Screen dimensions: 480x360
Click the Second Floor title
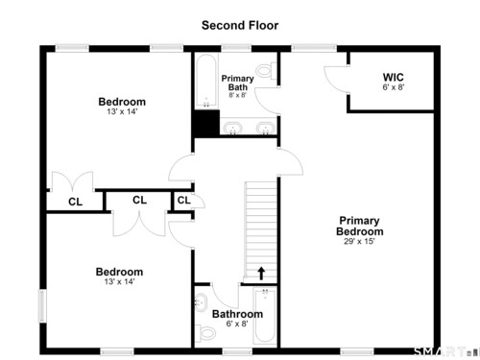point(240,25)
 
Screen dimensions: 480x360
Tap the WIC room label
point(394,77)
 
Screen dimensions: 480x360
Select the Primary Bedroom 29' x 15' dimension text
point(359,241)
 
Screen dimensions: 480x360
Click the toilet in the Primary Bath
point(266,70)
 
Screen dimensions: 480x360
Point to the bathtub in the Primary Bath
point(206,82)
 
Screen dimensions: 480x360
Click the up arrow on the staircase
point(261,274)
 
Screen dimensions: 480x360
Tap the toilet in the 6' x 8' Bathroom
point(204,333)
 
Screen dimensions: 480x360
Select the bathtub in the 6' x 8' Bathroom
point(265,316)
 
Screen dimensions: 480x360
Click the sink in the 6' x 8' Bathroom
point(201,302)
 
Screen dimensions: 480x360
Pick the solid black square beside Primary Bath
point(205,124)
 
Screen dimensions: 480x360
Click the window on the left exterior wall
point(42,306)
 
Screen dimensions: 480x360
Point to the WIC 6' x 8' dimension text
point(394,87)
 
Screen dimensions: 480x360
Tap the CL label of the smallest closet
point(184,201)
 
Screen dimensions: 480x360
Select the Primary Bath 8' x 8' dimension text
point(238,95)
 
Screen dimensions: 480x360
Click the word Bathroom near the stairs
point(237,314)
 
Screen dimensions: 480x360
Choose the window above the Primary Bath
point(236,48)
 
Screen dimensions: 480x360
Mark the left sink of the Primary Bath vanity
point(232,128)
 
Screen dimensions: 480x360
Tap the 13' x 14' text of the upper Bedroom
point(122,111)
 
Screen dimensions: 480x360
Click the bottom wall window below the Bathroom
point(237,351)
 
